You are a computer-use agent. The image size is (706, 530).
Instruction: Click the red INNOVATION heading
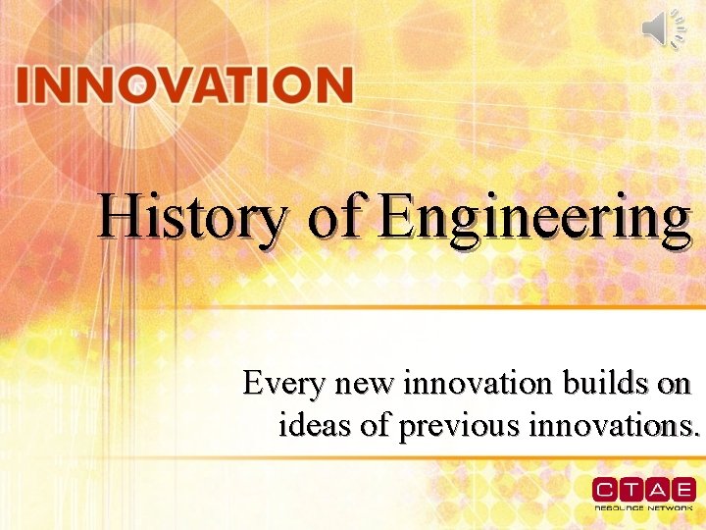pyautogui.click(x=184, y=85)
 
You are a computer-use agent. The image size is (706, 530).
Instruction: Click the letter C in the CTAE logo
pyautogui.click(x=604, y=489)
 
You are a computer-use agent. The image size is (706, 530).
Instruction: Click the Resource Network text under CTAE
pyautogui.click(x=643, y=508)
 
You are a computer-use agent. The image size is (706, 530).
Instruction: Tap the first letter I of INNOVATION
pyautogui.click(x=23, y=85)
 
